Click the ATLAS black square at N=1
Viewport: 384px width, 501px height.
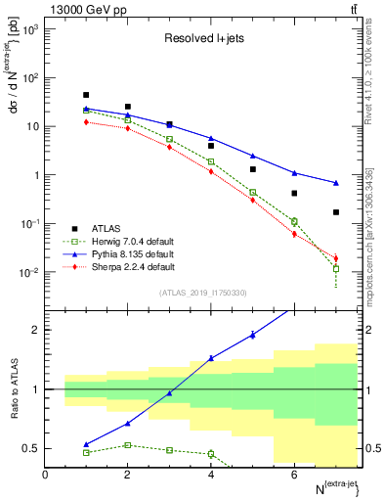[86, 95]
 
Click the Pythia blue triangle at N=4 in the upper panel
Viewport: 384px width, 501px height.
[211, 139]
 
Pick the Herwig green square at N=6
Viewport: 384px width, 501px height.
[294, 221]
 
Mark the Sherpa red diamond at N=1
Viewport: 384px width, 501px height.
[86, 122]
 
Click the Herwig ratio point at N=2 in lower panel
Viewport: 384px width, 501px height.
[128, 445]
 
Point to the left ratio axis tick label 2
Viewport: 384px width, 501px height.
[35, 330]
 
